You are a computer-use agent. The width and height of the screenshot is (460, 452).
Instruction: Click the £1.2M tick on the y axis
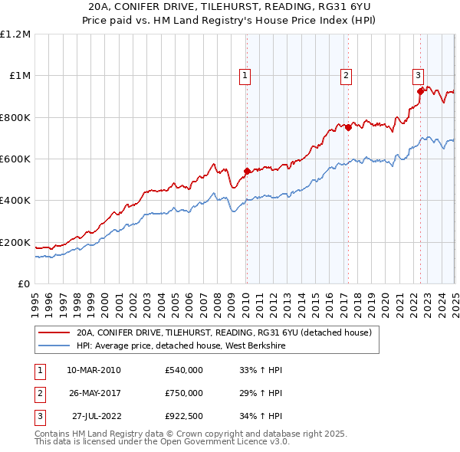coord(15,34)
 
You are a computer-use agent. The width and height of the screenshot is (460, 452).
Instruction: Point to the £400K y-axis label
coord(15,201)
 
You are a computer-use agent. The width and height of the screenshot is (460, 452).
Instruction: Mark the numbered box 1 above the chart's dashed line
coord(245,75)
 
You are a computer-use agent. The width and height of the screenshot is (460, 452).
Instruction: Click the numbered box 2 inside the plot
coord(347,75)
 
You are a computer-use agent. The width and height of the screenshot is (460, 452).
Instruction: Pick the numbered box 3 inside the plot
coord(418,75)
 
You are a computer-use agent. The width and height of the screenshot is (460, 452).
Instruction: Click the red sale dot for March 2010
coord(247,172)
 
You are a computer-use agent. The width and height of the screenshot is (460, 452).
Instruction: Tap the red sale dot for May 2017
coord(348,128)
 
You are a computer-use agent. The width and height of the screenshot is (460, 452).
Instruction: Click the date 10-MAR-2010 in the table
coord(94,370)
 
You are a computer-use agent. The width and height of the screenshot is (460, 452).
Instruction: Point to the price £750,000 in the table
coord(183,393)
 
